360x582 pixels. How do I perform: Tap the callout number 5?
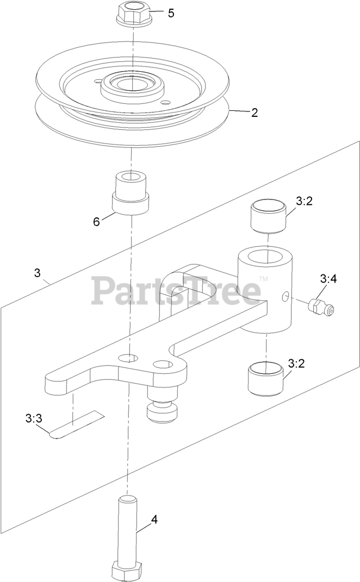tap(171, 14)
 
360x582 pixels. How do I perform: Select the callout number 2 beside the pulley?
tap(255, 113)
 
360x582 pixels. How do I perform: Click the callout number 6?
tap(96, 222)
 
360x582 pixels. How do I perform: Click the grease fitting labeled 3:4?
tap(321, 307)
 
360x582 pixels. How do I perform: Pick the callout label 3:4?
tap(328, 279)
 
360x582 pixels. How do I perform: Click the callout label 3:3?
tap(34, 418)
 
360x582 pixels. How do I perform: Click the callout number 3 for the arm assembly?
tap(37, 273)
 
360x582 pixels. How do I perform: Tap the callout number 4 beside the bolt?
tap(154, 520)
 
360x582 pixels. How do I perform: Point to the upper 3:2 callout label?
tap(303, 201)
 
